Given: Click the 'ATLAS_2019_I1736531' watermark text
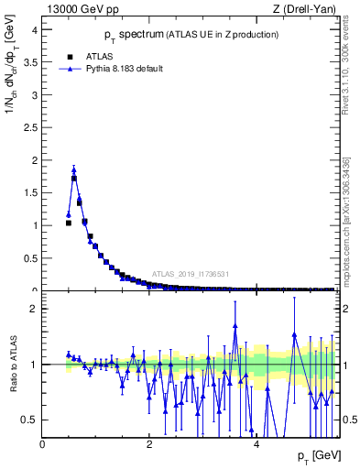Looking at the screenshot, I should point(191,273).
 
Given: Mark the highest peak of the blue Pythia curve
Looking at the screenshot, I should point(74,169).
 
